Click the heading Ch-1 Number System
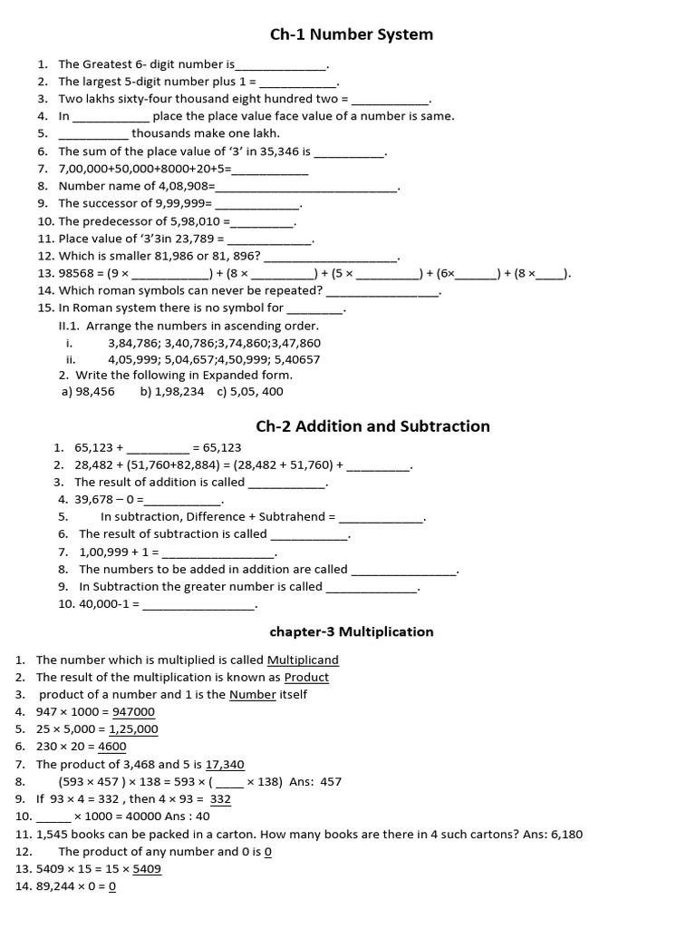pos(352,34)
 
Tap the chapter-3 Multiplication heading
pos(353,631)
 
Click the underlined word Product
pos(306,677)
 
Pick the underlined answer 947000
pos(132,711)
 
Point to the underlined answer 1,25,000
pos(133,729)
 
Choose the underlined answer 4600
pos(111,747)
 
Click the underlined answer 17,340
pos(225,764)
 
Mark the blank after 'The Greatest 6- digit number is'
pos(281,65)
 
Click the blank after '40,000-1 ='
pos(199,604)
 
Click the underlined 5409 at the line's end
pos(147,868)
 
